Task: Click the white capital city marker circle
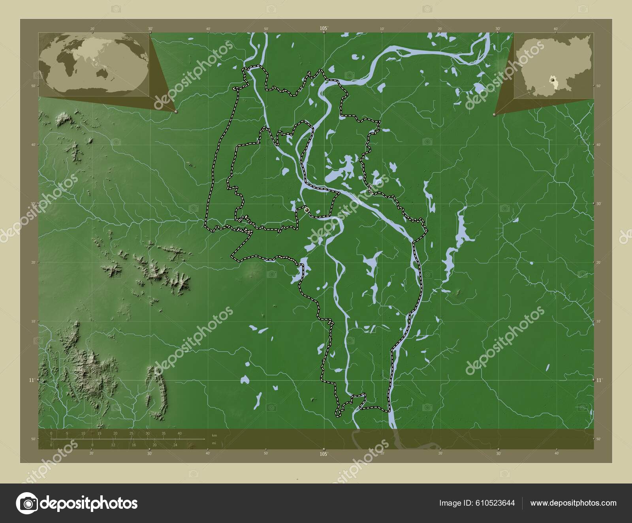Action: [x=307, y=210]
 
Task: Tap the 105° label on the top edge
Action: [x=324, y=28]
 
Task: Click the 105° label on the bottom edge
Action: [x=324, y=454]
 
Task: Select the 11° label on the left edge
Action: [x=31, y=380]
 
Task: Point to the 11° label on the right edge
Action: [x=600, y=380]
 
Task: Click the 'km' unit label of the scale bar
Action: [x=214, y=435]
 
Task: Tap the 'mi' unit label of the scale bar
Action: [x=214, y=443]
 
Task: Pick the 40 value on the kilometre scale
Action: [x=180, y=433]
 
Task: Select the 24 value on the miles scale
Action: [x=175, y=445]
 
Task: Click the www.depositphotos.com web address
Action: [x=573, y=503]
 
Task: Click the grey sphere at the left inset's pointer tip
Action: [x=176, y=112]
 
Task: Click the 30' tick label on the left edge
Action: [x=34, y=203]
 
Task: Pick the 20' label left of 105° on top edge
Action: [x=92, y=29]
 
